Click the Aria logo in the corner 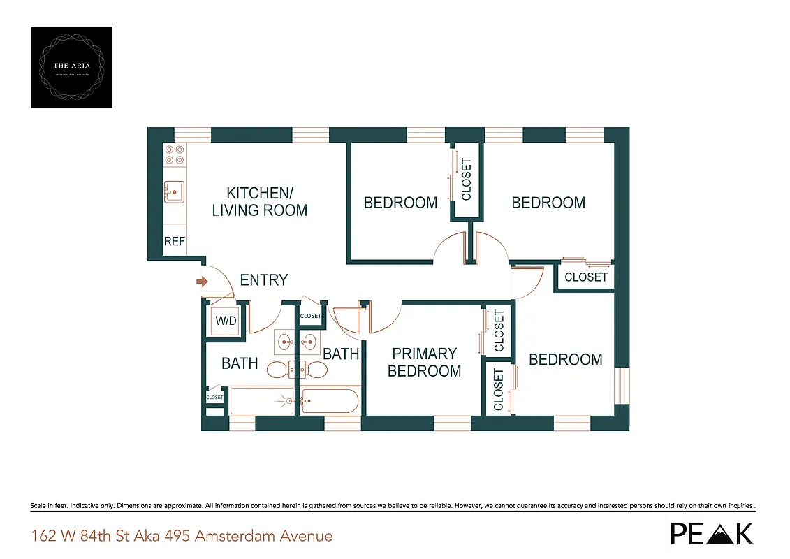click(x=72, y=67)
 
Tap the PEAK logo click(x=712, y=533)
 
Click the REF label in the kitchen click(x=175, y=241)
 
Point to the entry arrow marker click(x=202, y=282)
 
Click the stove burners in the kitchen click(x=175, y=154)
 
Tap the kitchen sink click(x=174, y=190)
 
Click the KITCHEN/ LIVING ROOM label click(x=259, y=201)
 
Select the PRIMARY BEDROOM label click(x=424, y=362)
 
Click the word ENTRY click(x=263, y=280)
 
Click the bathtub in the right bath click(x=330, y=401)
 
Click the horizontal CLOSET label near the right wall click(x=585, y=277)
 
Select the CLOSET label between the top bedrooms click(x=466, y=179)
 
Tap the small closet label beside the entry click(x=310, y=316)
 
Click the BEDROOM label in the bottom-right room click(x=565, y=359)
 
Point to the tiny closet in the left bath click(x=214, y=397)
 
